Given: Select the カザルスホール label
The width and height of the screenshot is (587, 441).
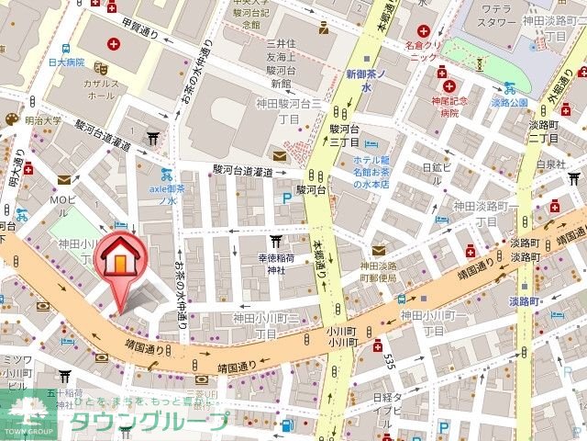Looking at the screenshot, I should pos(100,87).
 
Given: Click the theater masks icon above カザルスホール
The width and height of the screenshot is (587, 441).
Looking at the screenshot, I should pos(105,68).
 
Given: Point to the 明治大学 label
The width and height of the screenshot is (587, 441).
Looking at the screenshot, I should pos(43,119).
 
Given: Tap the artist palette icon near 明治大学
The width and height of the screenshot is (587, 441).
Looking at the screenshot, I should pos(11,119).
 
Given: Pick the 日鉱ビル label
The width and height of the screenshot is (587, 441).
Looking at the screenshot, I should pos(437,167).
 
